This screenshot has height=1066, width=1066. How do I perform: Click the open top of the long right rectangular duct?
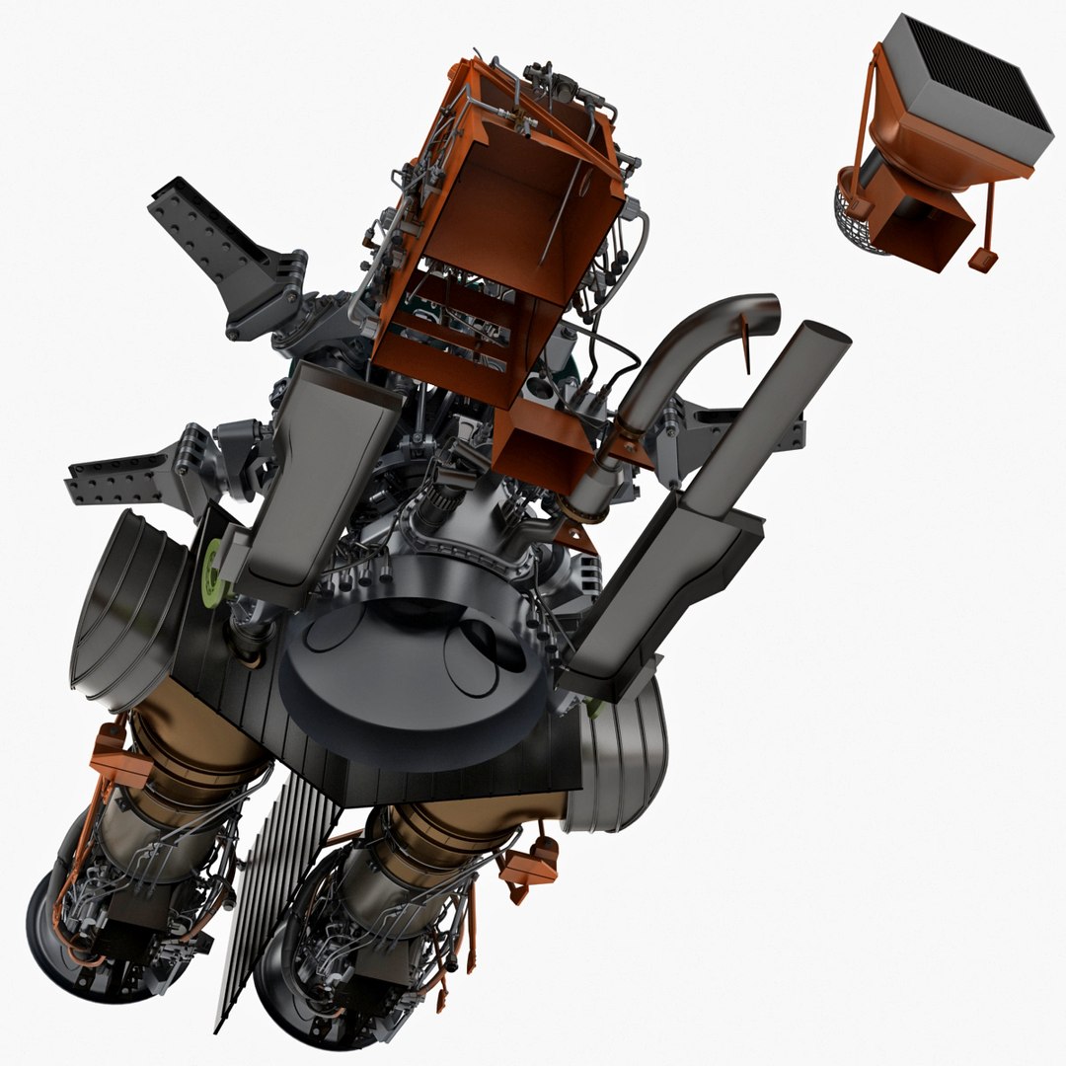click(813, 341)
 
